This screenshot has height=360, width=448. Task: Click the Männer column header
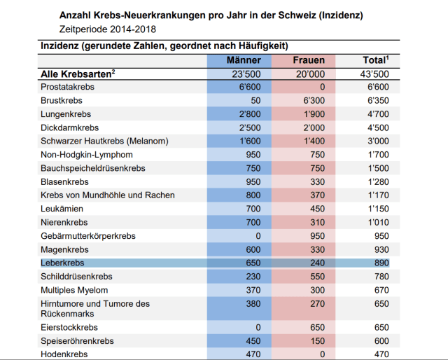[244, 60]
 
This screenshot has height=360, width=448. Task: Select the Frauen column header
[308, 60]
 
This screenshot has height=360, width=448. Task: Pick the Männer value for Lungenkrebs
[248, 114]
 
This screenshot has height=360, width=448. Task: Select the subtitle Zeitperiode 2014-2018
[108, 29]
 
